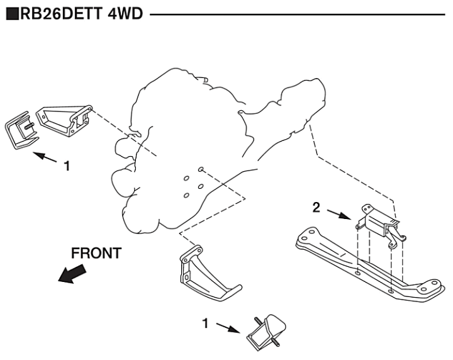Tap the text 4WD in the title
tap(124, 13)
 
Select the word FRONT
tap(96, 253)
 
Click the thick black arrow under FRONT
tap(72, 273)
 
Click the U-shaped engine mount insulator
tap(21, 130)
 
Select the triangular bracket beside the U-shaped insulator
tap(65, 120)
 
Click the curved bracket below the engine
tap(205, 276)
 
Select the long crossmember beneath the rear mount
tap(365, 262)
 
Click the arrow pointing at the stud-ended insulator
tap(226, 327)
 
